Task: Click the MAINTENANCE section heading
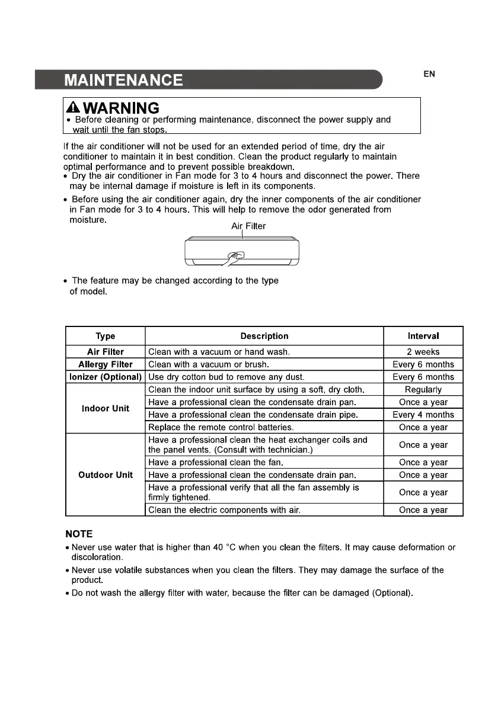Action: pyautogui.click(x=123, y=80)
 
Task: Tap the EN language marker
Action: pyautogui.click(x=429, y=74)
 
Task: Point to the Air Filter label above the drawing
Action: pyautogui.click(x=248, y=226)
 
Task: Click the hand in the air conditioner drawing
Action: pyautogui.click(x=235, y=258)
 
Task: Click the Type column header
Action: pyautogui.click(x=105, y=336)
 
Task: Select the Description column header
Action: pyautogui.click(x=264, y=336)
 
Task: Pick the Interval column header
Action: pyautogui.click(x=423, y=336)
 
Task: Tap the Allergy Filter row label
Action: pyautogui.click(x=105, y=364)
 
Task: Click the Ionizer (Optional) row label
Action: pyautogui.click(x=105, y=377)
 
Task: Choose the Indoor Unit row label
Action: pyautogui.click(x=105, y=408)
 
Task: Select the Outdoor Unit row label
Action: pyautogui.click(x=105, y=475)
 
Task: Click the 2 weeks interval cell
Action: pyautogui.click(x=423, y=352)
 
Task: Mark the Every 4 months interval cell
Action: pyautogui.click(x=423, y=415)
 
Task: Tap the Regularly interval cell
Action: pyautogui.click(x=423, y=390)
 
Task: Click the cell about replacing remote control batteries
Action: pyautogui.click(x=221, y=427)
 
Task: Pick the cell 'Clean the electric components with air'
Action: pyautogui.click(x=225, y=510)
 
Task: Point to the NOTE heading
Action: pyautogui.click(x=79, y=534)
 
